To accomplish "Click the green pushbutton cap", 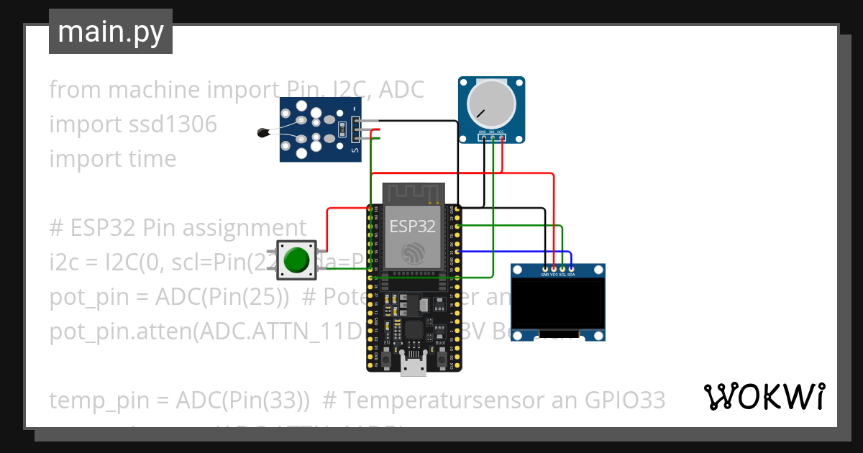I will click(296, 260).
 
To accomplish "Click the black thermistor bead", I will click(262, 132).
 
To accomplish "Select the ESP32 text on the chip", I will click(412, 226).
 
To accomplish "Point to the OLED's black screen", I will click(557, 303).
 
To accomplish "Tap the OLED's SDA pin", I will click(571, 269).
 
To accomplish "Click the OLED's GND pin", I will click(544, 269).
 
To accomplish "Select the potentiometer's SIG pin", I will click(492, 137).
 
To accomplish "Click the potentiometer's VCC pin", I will click(501, 137).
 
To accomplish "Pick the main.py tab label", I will click(111, 32).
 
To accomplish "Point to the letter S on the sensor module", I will click(354, 151).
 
